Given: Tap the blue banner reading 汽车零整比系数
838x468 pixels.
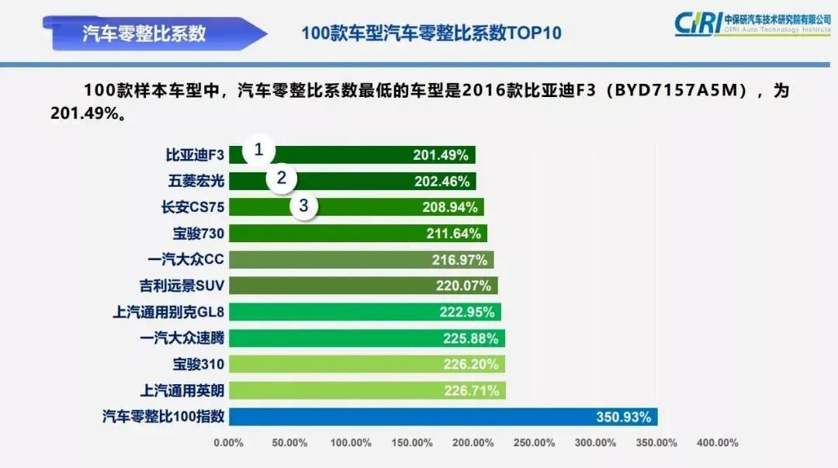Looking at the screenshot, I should tap(145, 33).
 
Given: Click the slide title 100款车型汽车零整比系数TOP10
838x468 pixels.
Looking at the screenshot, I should tap(431, 33).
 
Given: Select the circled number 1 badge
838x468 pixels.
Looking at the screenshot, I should tap(259, 150).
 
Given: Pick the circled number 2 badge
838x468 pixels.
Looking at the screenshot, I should tap(282, 179).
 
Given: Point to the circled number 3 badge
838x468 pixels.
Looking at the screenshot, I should tap(304, 206).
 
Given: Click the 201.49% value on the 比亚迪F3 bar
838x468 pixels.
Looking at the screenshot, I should tap(440, 155).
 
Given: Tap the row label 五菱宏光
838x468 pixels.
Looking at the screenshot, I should tap(196, 181).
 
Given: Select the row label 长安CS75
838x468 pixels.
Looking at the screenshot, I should tap(191, 207).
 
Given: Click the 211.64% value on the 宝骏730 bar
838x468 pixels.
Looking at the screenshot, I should tap(455, 234).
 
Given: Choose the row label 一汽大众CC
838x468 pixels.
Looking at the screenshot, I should tap(185, 260).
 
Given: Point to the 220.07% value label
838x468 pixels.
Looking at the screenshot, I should tap(463, 286).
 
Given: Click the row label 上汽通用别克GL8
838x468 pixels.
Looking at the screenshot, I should tap(168, 312).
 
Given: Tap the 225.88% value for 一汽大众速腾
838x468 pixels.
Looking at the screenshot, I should tap(471, 338).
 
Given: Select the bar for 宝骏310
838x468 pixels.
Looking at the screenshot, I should tap(366, 364).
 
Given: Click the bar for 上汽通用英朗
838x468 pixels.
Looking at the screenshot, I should tap(366, 390).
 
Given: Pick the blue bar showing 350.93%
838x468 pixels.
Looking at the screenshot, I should tap(443, 417).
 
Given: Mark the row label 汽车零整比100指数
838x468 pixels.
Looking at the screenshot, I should tap(163, 417).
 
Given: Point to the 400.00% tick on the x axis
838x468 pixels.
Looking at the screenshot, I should tap(717, 443).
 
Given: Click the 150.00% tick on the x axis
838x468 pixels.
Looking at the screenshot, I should tap(411, 443).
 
